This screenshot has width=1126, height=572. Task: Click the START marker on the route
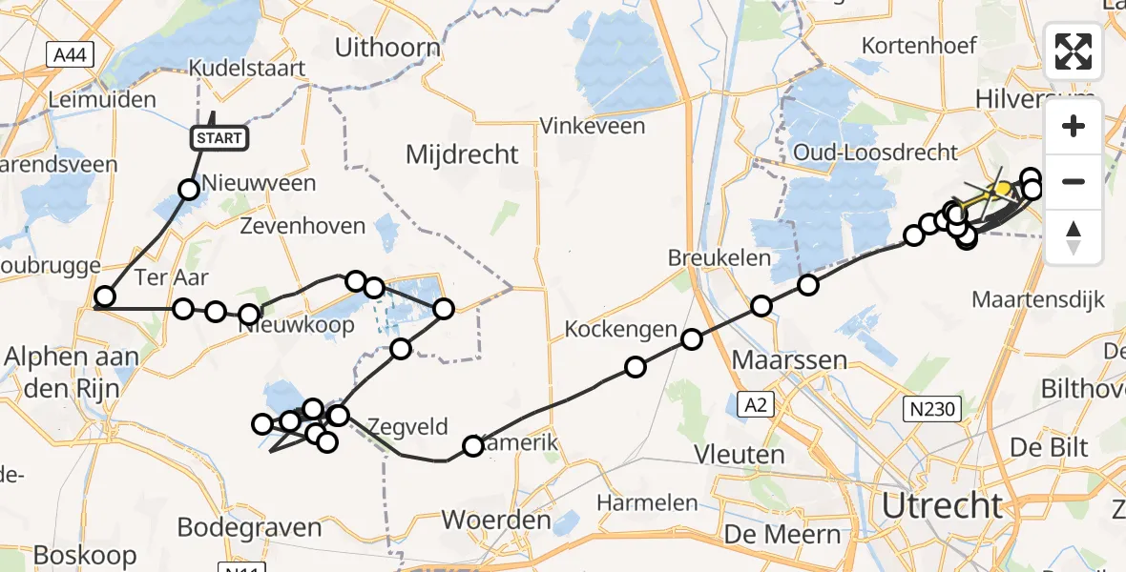click(219, 138)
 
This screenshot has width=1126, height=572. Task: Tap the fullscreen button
click(1074, 51)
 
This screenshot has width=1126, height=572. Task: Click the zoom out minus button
click(1074, 181)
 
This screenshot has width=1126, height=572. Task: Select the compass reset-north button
click(1074, 236)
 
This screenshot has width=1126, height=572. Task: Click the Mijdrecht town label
click(462, 154)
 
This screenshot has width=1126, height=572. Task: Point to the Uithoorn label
click(388, 48)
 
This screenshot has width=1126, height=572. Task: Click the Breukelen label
click(712, 257)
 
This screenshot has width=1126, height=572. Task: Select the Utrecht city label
click(943, 505)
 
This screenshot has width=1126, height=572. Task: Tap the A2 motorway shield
click(756, 405)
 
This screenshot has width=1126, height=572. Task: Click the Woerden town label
click(496, 521)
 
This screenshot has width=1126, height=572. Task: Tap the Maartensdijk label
click(1038, 300)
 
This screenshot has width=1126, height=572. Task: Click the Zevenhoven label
click(302, 227)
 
